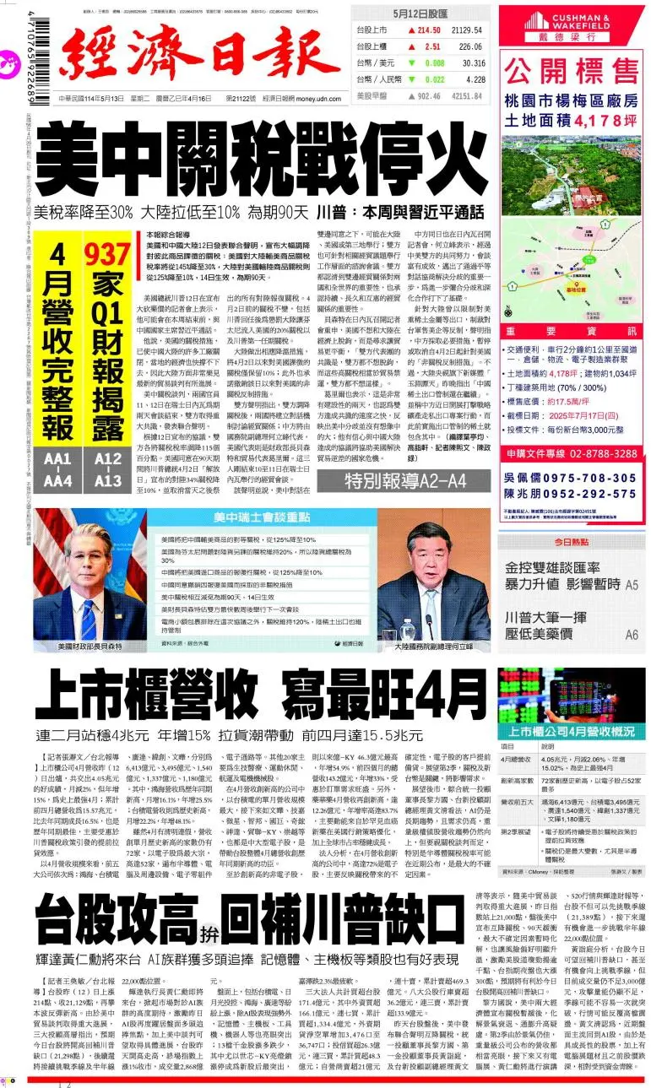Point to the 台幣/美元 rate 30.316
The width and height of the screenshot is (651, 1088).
(473, 63)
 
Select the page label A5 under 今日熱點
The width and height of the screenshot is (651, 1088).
(632, 584)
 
